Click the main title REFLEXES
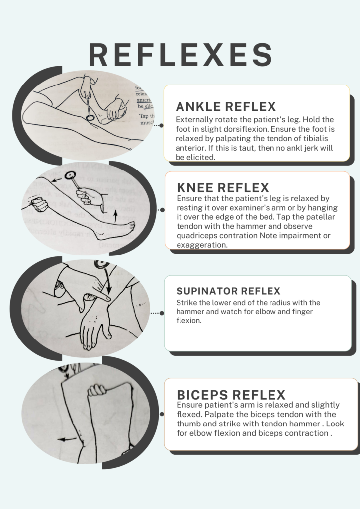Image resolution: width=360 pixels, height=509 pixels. coord(180,55)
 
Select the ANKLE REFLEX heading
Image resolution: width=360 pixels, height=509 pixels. coord(226,107)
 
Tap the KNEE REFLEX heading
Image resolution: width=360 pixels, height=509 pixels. coord(223,187)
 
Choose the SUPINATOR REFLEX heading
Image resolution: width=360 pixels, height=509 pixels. coord(228,291)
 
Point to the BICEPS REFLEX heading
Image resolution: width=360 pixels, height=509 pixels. coord(231,395)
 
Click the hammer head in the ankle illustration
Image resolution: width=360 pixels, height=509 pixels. coord(90,118)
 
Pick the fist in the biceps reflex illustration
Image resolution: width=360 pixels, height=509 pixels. coord(96,390)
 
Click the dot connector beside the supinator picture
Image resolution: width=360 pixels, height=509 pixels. coord(161,313)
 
